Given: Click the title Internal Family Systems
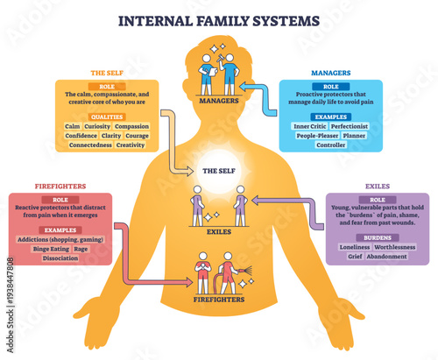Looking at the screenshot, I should coord(218,18).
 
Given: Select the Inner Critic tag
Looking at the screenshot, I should coord(310,125).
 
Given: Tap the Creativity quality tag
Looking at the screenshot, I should coord(131,145).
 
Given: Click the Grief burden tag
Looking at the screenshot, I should coord(353,257).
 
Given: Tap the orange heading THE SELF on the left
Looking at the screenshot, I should coord(104,73).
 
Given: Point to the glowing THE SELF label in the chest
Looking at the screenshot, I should coord(218,173).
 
